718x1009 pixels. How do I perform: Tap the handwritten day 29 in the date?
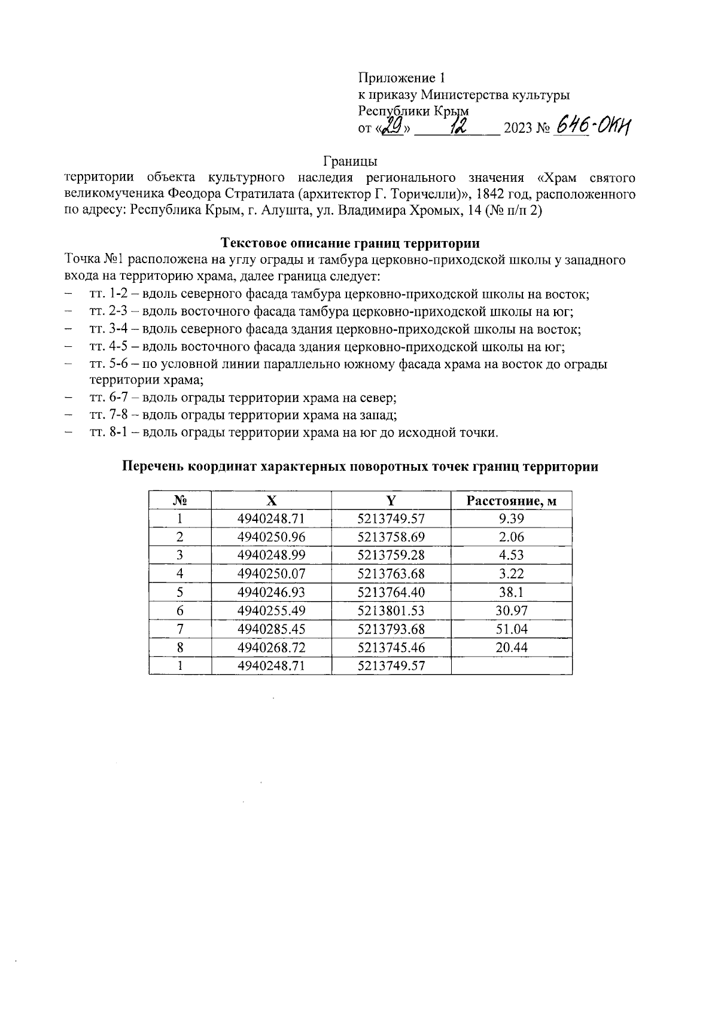coord(393,126)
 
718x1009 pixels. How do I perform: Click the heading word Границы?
coord(350,161)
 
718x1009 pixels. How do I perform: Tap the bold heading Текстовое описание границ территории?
coord(350,243)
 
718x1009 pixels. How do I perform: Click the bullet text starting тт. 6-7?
coord(243,398)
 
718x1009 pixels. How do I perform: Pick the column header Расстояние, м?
coord(511,501)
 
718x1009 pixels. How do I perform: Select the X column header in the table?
coord(271,501)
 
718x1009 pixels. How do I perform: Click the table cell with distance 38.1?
coord(511,592)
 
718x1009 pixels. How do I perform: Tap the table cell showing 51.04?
coord(511,629)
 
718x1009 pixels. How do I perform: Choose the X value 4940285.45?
coord(271,629)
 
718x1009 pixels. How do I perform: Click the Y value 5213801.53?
coord(391,611)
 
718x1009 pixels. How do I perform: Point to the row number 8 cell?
coord(180,647)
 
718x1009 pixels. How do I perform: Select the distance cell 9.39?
coord(511,519)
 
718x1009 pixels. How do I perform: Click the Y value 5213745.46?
coord(391,647)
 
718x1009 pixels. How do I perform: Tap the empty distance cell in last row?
coord(511,665)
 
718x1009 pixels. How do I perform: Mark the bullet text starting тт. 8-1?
coord(293,432)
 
